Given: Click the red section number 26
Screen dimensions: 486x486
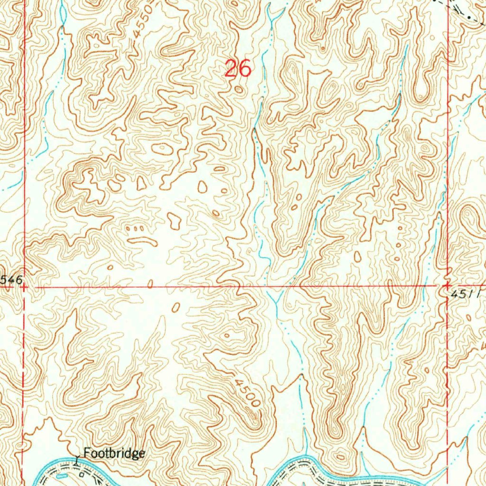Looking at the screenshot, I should click(237, 69).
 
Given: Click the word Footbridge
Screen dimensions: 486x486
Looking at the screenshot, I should click(114, 454).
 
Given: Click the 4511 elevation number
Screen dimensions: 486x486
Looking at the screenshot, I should click(467, 294).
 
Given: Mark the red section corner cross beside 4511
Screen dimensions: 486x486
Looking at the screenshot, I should click(447, 286).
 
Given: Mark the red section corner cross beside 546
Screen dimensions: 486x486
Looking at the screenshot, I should click(24, 287).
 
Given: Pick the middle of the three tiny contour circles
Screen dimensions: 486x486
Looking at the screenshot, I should click(135, 229).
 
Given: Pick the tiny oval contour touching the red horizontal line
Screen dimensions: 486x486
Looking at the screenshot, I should click(150, 284).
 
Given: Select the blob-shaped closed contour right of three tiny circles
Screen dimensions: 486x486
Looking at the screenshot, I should click(174, 219).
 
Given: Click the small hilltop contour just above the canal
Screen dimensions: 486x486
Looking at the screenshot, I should click(341, 457).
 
